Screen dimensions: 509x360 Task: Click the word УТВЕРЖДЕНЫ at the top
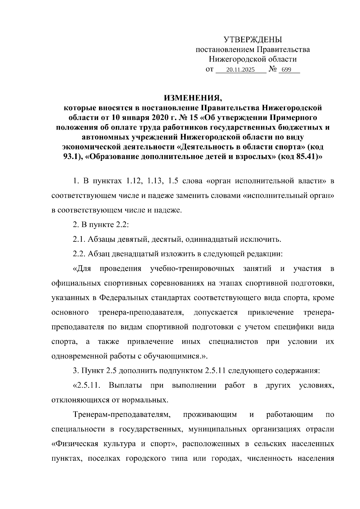(253, 39)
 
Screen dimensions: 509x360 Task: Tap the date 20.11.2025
(240, 70)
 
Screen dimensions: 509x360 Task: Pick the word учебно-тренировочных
(192, 268)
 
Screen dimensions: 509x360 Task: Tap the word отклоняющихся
(79, 400)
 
